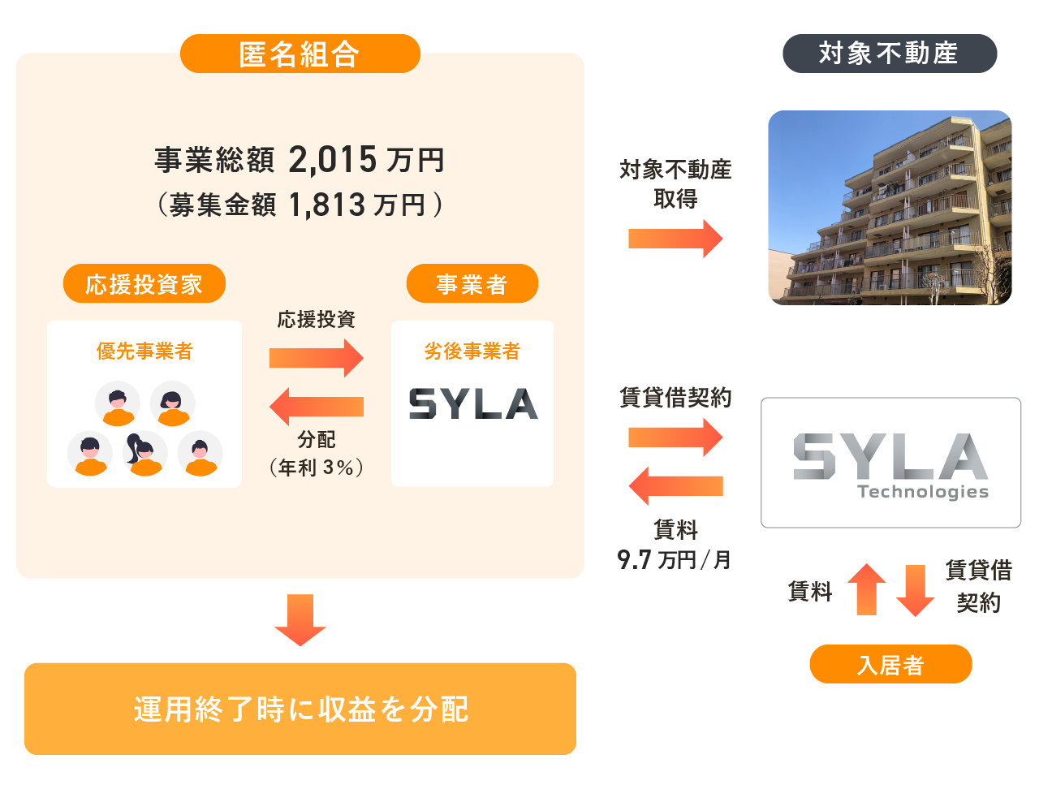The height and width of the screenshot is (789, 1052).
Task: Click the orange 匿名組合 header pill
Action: (x=300, y=54)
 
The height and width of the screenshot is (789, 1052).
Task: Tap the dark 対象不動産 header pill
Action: (x=890, y=54)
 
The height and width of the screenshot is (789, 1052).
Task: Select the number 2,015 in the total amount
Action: (x=332, y=160)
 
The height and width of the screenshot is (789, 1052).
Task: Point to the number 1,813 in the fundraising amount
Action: (x=327, y=205)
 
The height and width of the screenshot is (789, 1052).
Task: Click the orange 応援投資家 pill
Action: (x=144, y=283)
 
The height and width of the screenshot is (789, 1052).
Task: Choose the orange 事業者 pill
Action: (x=472, y=283)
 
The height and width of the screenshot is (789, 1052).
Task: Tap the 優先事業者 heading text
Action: (x=144, y=351)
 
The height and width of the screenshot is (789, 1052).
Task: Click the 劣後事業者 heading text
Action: (x=472, y=351)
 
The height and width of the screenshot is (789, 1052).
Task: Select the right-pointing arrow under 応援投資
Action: (x=317, y=358)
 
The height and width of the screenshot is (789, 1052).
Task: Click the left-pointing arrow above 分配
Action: (x=317, y=407)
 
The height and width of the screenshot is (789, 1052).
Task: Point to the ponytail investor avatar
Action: (x=144, y=453)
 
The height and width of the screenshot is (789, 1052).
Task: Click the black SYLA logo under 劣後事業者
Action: (x=473, y=404)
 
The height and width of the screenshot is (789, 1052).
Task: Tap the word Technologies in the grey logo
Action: (x=923, y=492)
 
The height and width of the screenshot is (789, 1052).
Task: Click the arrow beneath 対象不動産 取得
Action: (x=675, y=239)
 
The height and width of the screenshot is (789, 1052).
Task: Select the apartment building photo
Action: (x=890, y=208)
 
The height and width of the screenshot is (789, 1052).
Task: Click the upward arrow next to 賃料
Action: (x=867, y=589)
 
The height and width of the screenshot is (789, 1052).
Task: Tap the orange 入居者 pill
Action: (x=890, y=665)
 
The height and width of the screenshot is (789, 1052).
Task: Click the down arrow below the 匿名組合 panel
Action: (x=300, y=620)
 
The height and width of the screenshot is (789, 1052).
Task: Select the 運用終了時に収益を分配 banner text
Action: (x=300, y=709)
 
